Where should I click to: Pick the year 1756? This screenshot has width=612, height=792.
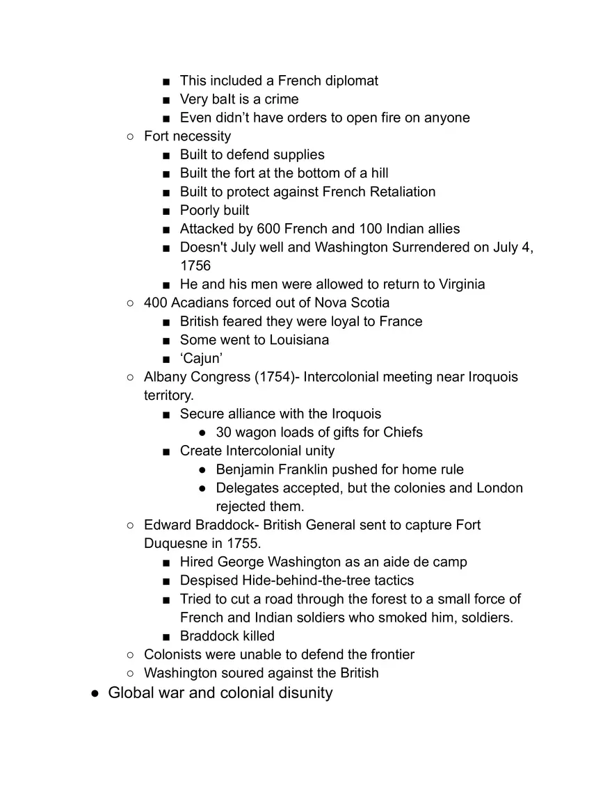pos(195,266)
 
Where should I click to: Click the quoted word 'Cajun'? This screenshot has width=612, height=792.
pos(201,359)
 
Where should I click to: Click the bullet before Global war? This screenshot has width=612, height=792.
pos(95,693)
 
